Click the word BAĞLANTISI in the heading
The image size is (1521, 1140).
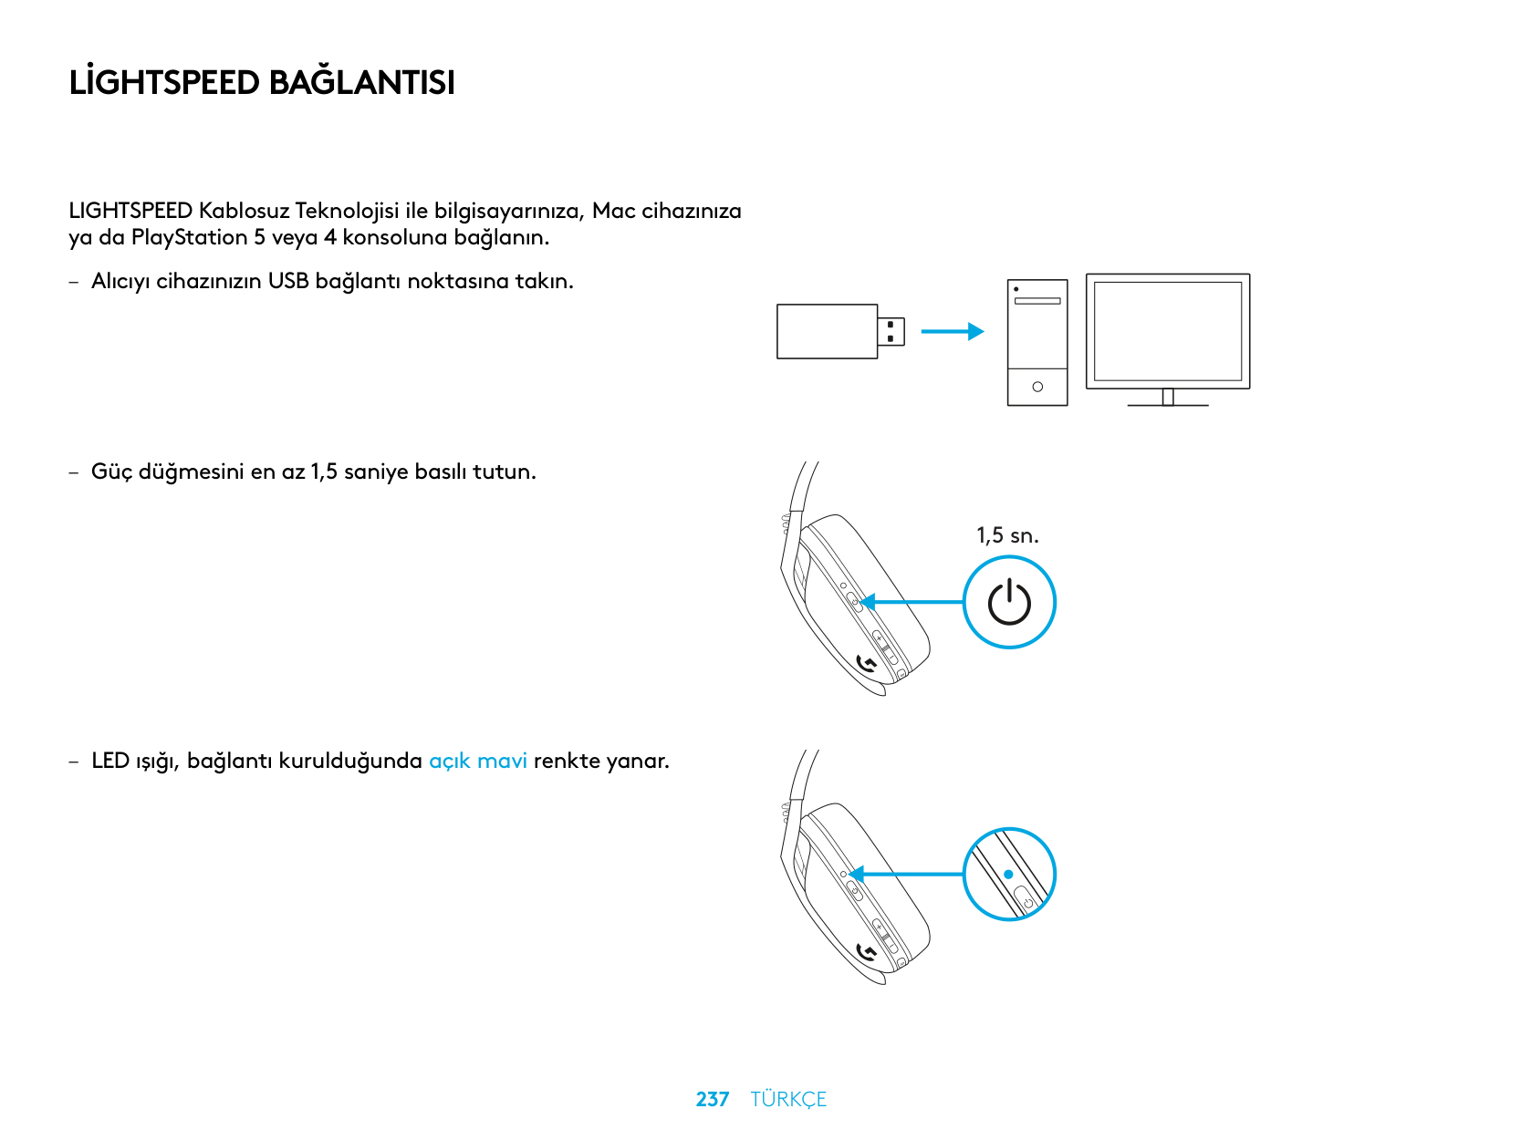point(362,83)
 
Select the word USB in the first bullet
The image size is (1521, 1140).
point(288,281)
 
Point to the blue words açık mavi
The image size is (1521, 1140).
point(478,761)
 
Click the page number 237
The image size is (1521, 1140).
point(712,1099)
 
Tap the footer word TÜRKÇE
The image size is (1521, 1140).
point(788,1099)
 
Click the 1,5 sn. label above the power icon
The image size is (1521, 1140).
point(1007,535)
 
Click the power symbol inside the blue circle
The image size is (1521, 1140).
point(1009,603)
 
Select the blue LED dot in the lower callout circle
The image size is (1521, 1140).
point(1008,874)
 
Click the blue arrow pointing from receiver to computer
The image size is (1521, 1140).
point(952,331)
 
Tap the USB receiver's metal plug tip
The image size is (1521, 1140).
point(891,331)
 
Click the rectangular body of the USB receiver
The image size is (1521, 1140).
point(827,331)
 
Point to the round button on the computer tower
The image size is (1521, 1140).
point(1037,387)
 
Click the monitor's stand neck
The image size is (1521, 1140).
point(1168,397)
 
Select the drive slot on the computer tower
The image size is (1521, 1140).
point(1037,301)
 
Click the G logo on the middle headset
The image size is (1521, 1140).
point(868,665)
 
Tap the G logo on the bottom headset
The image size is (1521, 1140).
point(868,953)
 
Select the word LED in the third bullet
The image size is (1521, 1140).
point(109,761)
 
